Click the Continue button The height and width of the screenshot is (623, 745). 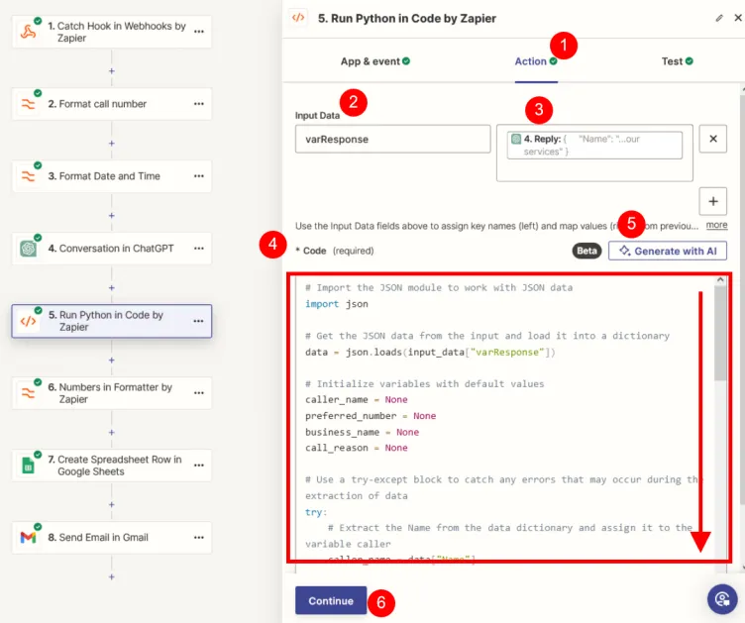pos(330,600)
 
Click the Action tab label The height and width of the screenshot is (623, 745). pos(530,61)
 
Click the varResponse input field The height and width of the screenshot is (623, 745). pos(392,140)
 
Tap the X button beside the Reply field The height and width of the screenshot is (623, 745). pos(713,140)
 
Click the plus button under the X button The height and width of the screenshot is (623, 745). pos(713,202)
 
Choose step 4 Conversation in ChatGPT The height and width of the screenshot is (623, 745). pos(111,249)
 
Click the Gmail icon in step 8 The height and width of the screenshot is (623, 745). pos(29,538)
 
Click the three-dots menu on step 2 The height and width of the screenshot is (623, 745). pos(199,104)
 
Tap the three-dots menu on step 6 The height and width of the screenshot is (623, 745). pos(199,393)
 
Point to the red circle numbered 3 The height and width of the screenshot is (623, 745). pos(538,109)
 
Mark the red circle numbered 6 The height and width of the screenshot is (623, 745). pos(382,602)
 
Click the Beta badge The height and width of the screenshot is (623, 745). pos(587,251)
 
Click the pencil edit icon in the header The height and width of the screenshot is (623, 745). pos(719,18)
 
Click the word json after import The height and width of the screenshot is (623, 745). pos(356,304)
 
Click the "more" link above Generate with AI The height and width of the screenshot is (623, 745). pos(716,226)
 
